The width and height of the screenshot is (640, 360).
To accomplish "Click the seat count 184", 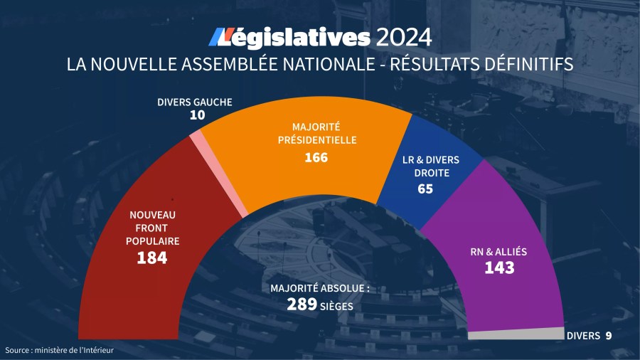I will tap(152, 258).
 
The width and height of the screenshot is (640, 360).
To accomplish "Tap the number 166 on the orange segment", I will tap(316, 157).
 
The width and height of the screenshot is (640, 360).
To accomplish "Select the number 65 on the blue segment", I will tap(425, 189).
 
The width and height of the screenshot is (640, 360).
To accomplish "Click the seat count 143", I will tap(499, 268).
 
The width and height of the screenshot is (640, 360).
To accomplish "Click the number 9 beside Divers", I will tap(608, 335).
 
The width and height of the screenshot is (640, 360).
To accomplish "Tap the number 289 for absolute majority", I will tap(302, 305).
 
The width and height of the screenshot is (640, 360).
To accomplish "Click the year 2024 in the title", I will tap(404, 36).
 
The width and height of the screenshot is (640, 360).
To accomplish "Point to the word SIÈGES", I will tap(336, 306).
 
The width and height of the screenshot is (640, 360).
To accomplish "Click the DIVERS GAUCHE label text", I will tap(194, 102).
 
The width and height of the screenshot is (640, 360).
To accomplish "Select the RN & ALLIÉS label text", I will tap(499, 252).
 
